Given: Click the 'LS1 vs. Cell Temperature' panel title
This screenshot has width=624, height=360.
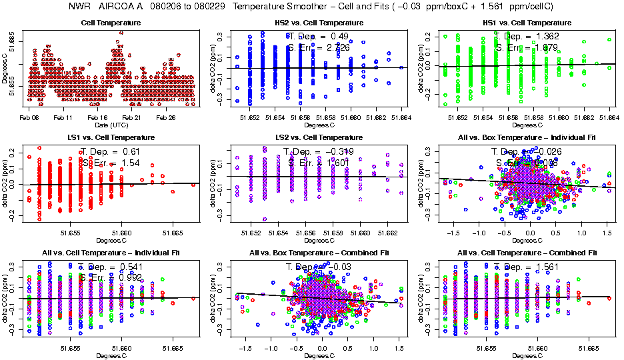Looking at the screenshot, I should click(x=111, y=137).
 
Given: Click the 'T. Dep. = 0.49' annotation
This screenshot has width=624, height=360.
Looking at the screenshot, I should click(x=317, y=36).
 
